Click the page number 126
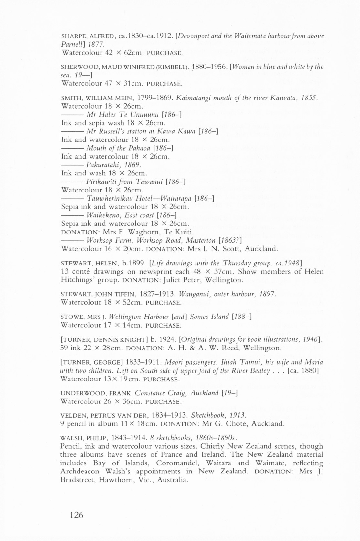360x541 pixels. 76,515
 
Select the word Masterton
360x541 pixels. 200,241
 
